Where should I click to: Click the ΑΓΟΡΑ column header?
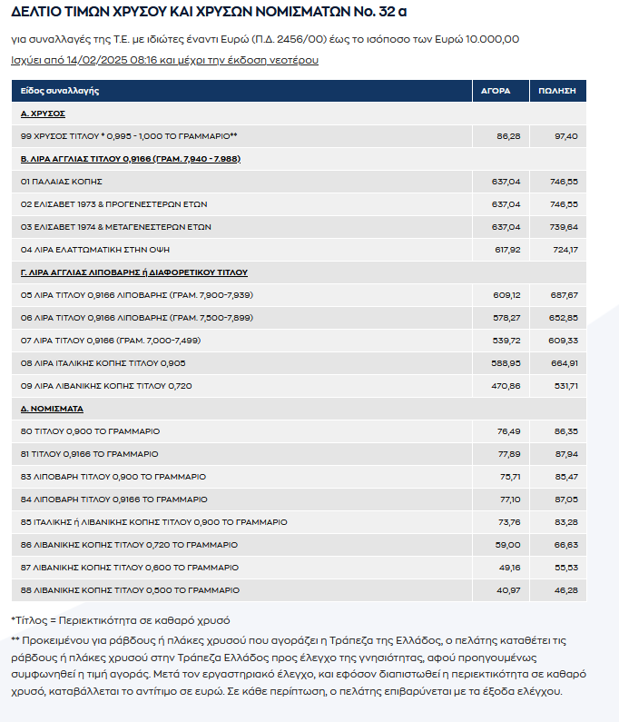coord(496,91)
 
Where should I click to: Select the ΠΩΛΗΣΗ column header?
coord(557,91)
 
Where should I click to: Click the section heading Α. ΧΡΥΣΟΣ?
coord(43,114)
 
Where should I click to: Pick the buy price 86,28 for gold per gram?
coord(507,136)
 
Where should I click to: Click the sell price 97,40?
coord(565,136)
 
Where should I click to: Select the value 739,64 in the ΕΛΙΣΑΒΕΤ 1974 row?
coord(564,227)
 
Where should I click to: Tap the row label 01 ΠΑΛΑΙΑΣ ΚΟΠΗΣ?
coord(61,182)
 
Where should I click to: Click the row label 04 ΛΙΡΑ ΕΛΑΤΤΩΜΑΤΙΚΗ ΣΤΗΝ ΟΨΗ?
coord(95,250)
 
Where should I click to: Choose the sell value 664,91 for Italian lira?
coord(564,363)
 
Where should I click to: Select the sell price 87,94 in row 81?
coord(565,454)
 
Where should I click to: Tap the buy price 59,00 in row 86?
coord(507,545)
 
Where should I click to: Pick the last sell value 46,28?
coord(565,590)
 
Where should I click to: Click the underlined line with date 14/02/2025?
coord(164,60)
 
